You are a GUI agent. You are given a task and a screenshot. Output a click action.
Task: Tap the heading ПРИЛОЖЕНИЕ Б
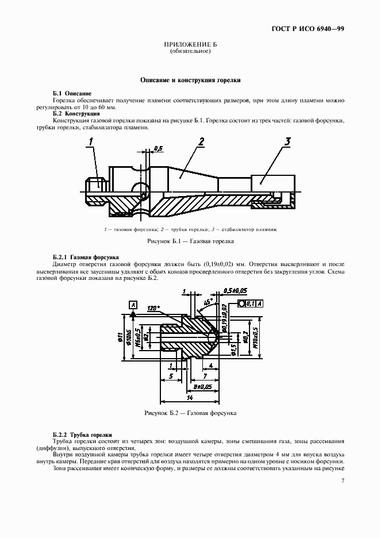tap(190, 45)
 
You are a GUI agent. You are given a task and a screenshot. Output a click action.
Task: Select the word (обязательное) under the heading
tap(190, 51)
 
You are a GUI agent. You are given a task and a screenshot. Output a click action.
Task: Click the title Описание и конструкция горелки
tap(190, 81)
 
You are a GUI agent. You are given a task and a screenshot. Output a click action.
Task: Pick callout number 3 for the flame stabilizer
tap(287, 141)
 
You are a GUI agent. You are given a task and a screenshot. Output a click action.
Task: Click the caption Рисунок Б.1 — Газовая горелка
tap(190, 242)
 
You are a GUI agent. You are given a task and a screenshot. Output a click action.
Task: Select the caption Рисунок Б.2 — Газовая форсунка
tap(190, 413)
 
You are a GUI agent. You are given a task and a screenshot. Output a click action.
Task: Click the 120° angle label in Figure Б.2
tap(152, 308)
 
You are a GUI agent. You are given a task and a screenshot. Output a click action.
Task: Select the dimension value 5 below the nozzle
tap(171, 376)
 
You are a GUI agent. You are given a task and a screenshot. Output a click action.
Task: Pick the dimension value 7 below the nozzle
tap(205, 376)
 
